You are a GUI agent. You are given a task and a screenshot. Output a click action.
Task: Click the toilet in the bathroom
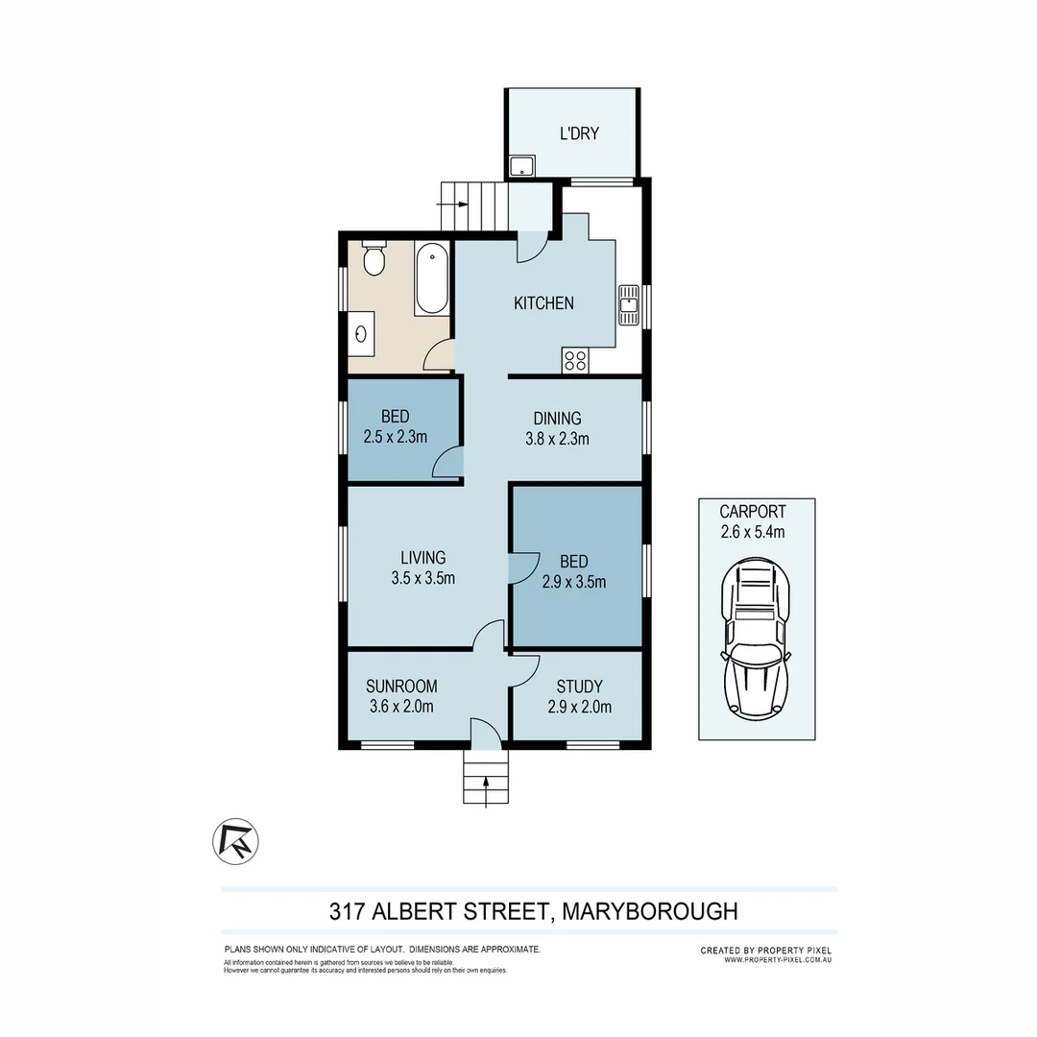[x=374, y=259]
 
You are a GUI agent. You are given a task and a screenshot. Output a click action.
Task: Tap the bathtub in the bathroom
[x=431, y=278]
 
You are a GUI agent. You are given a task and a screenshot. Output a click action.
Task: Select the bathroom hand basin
[x=362, y=335]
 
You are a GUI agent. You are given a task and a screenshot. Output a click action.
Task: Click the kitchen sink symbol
[x=629, y=305]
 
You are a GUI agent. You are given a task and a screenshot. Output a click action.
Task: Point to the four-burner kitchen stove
[x=576, y=361]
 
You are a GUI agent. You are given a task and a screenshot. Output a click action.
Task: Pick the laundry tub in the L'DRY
[x=522, y=166]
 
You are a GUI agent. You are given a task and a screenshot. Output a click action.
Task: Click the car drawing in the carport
[x=757, y=640]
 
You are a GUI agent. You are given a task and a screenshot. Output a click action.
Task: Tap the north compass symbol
[x=237, y=841]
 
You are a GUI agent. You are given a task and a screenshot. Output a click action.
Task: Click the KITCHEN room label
[x=543, y=303]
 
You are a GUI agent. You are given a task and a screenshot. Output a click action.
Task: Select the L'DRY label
[x=579, y=133]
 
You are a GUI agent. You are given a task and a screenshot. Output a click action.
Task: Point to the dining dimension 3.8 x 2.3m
[x=557, y=439]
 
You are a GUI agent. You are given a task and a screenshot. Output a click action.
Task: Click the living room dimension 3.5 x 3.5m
[x=422, y=578]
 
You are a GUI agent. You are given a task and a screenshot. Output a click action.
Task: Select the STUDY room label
[x=579, y=687]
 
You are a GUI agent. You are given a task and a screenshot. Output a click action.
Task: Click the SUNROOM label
[x=401, y=687]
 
